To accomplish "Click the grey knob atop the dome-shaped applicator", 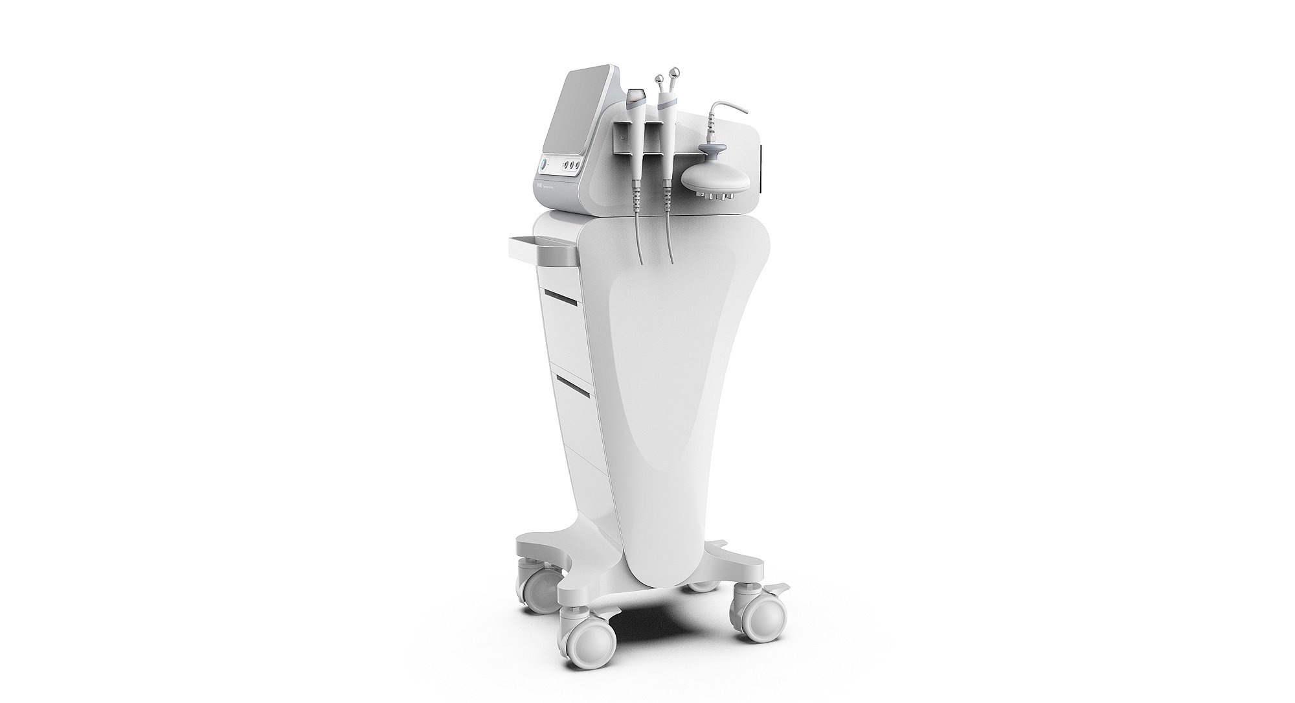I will [712, 154].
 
